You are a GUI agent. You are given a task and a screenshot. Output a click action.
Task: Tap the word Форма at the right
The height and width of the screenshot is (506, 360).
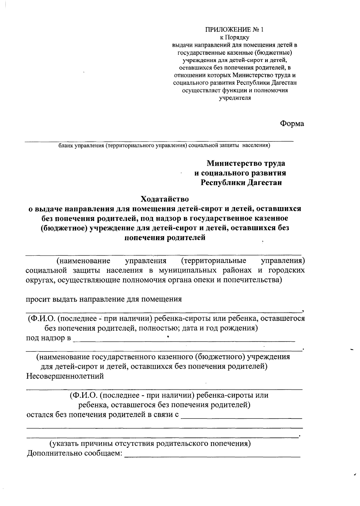pyautogui.click(x=292, y=124)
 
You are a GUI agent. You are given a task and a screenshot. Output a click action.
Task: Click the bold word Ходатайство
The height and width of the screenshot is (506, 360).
pyautogui.click(x=165, y=199)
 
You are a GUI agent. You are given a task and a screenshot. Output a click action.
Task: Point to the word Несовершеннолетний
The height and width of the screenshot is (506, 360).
pyautogui.click(x=65, y=376)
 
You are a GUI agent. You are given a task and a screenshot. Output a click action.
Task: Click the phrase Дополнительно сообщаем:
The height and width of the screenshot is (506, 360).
pyautogui.click(x=75, y=453)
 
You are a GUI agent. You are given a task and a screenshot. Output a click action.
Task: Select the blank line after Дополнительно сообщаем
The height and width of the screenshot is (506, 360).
pyautogui.click(x=212, y=455)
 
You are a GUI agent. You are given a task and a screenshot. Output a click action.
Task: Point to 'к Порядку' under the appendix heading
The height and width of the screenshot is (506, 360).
pyautogui.click(x=235, y=37)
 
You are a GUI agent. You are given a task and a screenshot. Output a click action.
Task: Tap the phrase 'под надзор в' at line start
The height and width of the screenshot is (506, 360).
pyautogui.click(x=48, y=338)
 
